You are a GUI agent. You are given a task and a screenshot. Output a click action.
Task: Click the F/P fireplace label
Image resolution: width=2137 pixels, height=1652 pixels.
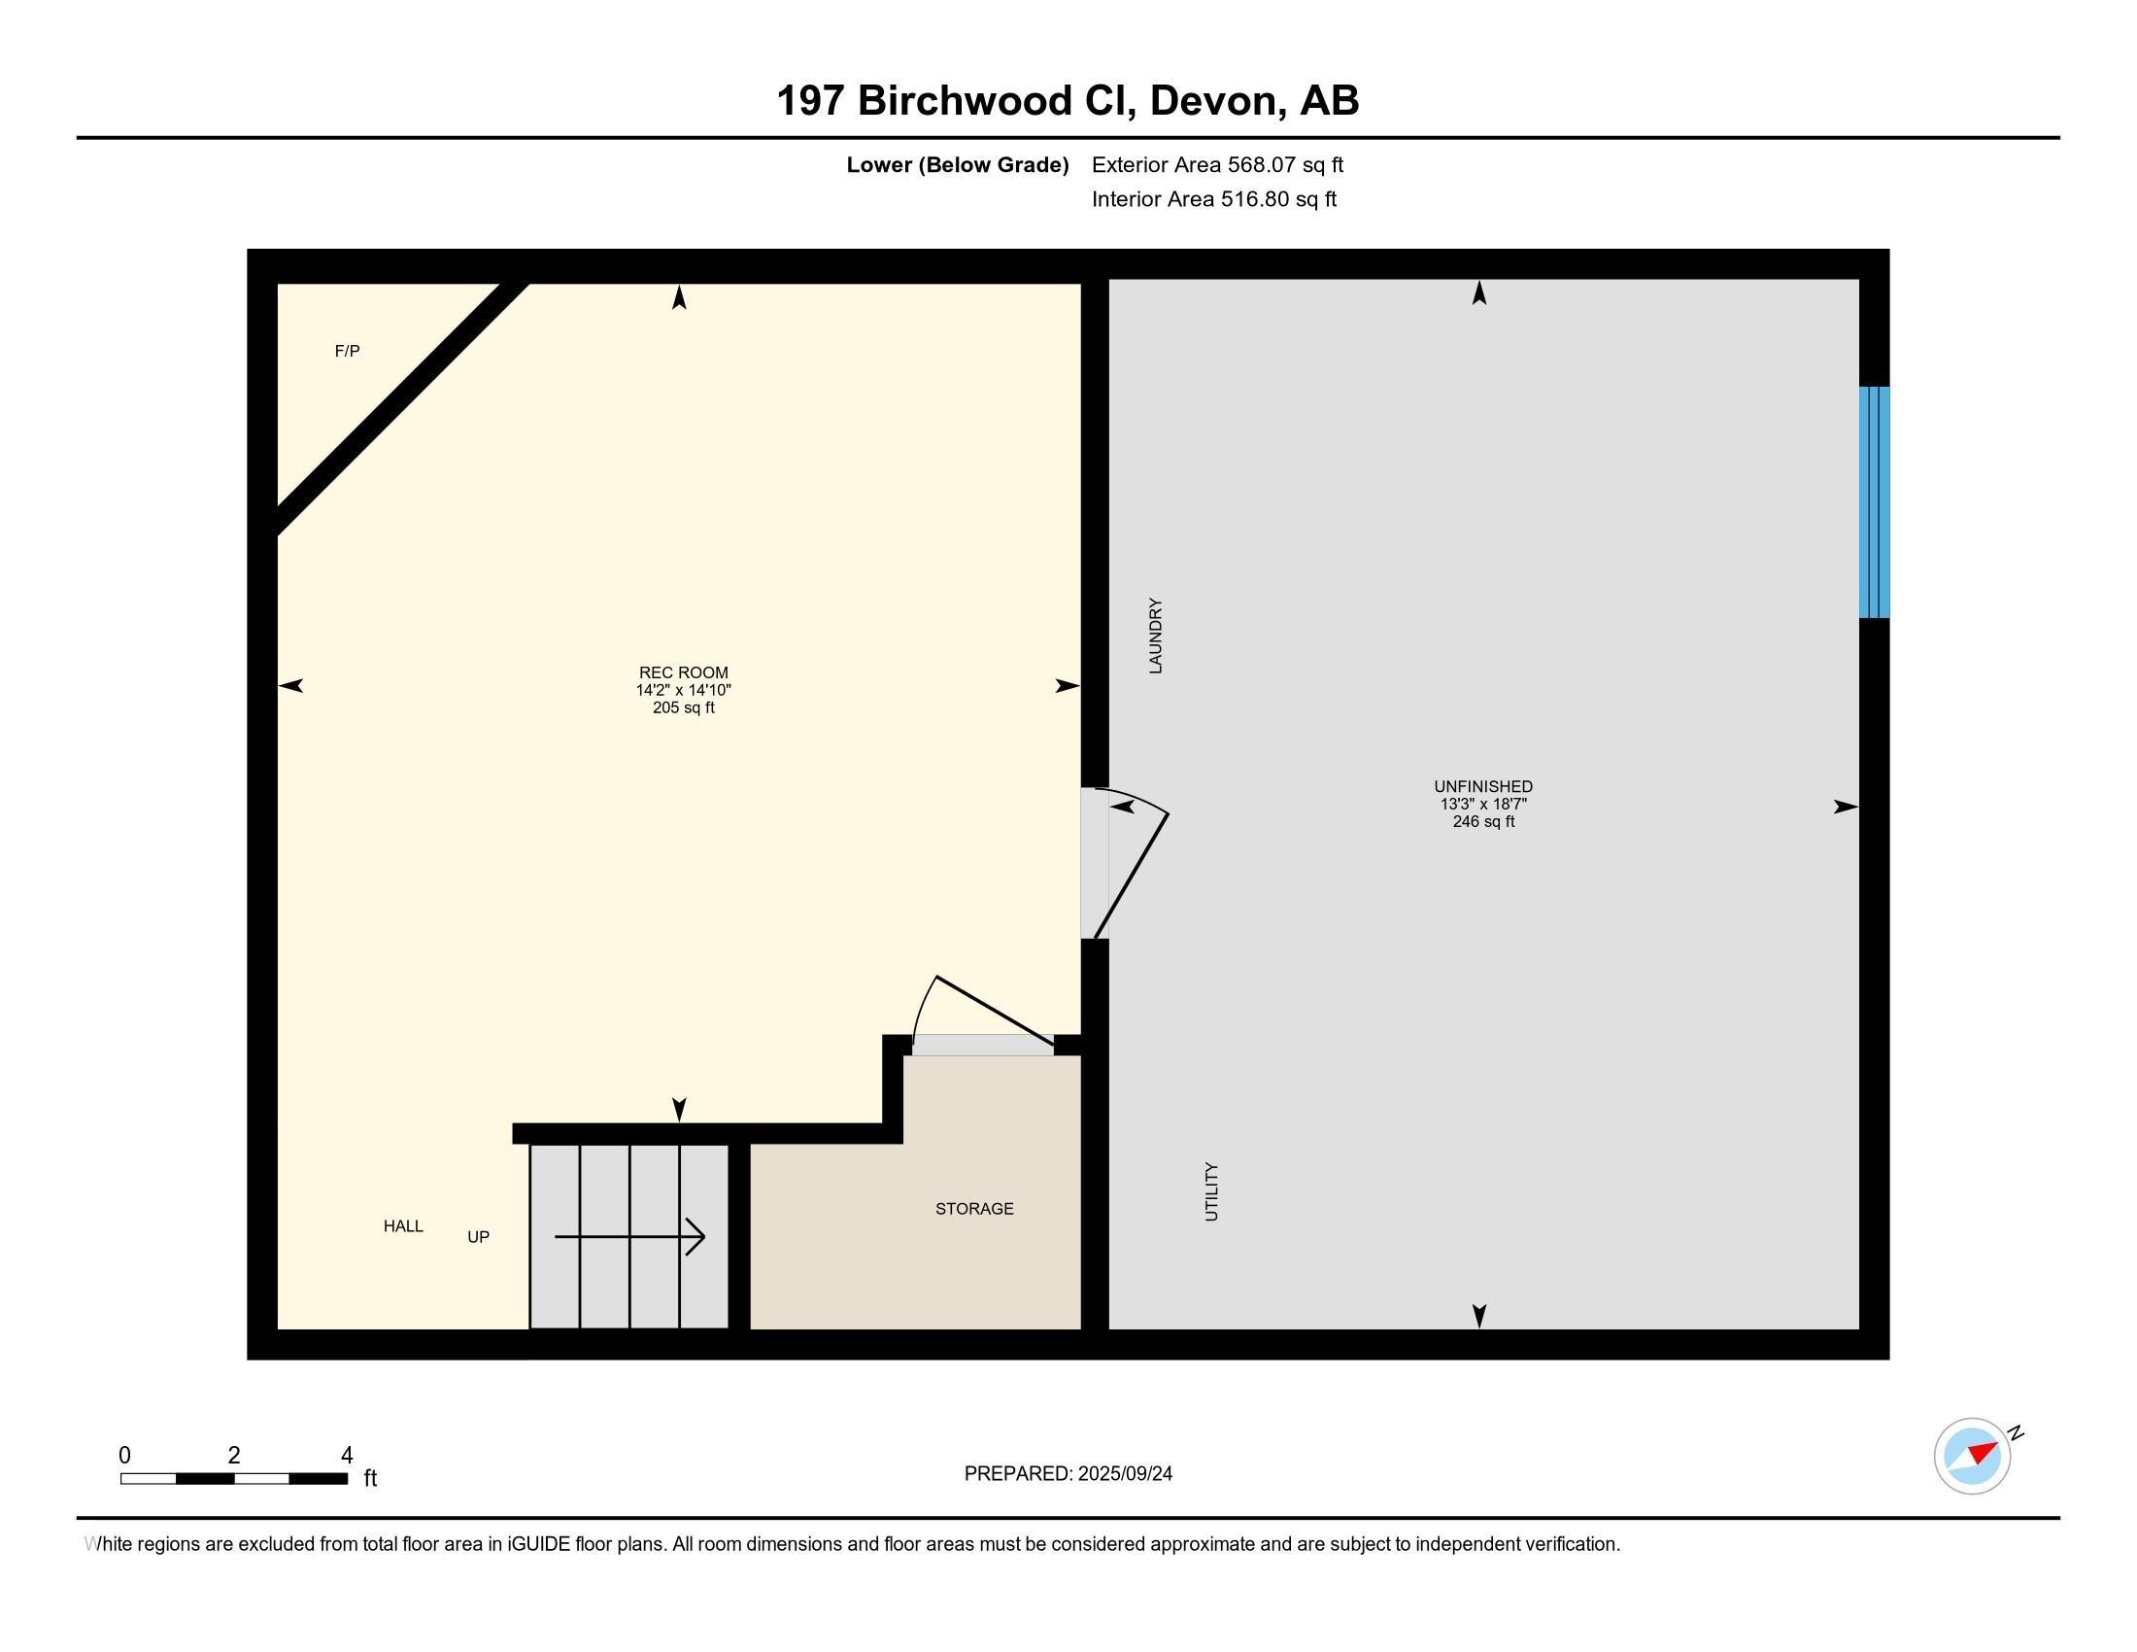pyautogui.click(x=347, y=351)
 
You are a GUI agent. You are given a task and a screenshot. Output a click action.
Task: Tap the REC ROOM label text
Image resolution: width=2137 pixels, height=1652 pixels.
pyautogui.click(x=683, y=672)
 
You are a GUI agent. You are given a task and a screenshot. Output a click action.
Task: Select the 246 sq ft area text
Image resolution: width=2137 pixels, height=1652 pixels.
pyautogui.click(x=1482, y=821)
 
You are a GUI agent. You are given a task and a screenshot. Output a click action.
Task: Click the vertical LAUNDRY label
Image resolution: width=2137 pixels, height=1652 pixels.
pyautogui.click(x=1155, y=636)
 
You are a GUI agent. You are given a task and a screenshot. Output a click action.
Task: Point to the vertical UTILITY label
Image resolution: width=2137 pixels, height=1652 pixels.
pyautogui.click(x=1211, y=1191)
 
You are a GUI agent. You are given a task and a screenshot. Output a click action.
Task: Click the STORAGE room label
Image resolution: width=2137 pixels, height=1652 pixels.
pyautogui.click(x=973, y=1209)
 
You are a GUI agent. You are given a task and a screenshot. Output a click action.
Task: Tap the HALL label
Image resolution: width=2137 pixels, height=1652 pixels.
pyautogui.click(x=403, y=1225)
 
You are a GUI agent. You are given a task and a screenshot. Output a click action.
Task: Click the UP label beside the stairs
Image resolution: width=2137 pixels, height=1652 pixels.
pyautogui.click(x=478, y=1237)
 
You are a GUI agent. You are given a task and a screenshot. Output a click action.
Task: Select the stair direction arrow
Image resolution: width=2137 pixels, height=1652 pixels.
pyautogui.click(x=630, y=1236)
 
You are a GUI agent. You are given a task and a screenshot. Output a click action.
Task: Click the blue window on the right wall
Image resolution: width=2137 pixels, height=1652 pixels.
pyautogui.click(x=1873, y=502)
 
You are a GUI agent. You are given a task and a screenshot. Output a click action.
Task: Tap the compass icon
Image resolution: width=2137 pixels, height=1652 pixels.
pyautogui.click(x=1972, y=1456)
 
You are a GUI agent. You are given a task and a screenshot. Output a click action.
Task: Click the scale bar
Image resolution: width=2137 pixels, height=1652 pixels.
pyautogui.click(x=234, y=1479)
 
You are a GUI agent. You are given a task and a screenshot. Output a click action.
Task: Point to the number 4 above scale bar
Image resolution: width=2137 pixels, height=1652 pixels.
pyautogui.click(x=347, y=1455)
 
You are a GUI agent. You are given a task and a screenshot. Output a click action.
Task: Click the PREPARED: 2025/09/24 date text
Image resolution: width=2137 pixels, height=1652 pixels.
pyautogui.click(x=1068, y=1473)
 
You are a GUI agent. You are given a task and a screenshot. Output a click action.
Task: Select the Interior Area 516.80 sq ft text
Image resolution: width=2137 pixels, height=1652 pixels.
pyautogui.click(x=1213, y=199)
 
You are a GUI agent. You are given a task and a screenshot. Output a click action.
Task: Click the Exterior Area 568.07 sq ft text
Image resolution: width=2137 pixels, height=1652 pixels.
pyautogui.click(x=1216, y=164)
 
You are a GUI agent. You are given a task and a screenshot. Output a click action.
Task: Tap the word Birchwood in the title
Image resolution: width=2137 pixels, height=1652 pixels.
pyautogui.click(x=963, y=101)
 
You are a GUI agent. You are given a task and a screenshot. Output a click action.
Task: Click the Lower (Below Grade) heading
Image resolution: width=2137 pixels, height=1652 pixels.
pyautogui.click(x=957, y=164)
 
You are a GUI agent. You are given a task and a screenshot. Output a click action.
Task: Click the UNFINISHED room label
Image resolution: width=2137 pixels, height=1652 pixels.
pyautogui.click(x=1482, y=786)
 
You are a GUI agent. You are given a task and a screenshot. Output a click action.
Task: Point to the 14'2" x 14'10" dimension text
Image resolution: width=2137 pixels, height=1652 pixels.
pyautogui.click(x=683, y=690)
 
